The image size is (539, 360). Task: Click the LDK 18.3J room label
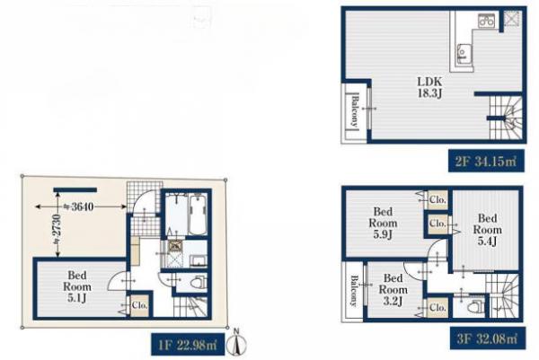pos(429,87)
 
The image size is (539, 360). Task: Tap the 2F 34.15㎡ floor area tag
pos(486,161)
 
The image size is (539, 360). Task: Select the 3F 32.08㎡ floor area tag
pos(488,338)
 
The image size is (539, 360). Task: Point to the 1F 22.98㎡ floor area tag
pos(188,344)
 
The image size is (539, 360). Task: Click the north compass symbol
pos(236,342)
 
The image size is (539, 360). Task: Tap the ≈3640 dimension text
pos(78,206)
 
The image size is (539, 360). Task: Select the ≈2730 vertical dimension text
pos(57,229)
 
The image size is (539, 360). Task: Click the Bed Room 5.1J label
pos(77,286)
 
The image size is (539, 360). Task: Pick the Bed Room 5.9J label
pos(383,223)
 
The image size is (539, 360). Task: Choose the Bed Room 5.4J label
pos(488,230)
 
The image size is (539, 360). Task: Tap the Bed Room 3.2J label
pos(393,289)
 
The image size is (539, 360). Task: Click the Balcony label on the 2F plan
pos(355,111)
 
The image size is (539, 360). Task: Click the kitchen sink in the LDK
pos(462,55)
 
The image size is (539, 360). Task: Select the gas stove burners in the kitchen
pos(487,20)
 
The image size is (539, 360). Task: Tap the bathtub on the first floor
pos(198,215)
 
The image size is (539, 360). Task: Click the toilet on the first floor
pos(198,283)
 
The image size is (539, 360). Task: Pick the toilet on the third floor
pos(476,306)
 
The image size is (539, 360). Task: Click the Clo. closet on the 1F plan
pos(139,305)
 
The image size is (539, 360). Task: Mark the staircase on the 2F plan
pos(505,118)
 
